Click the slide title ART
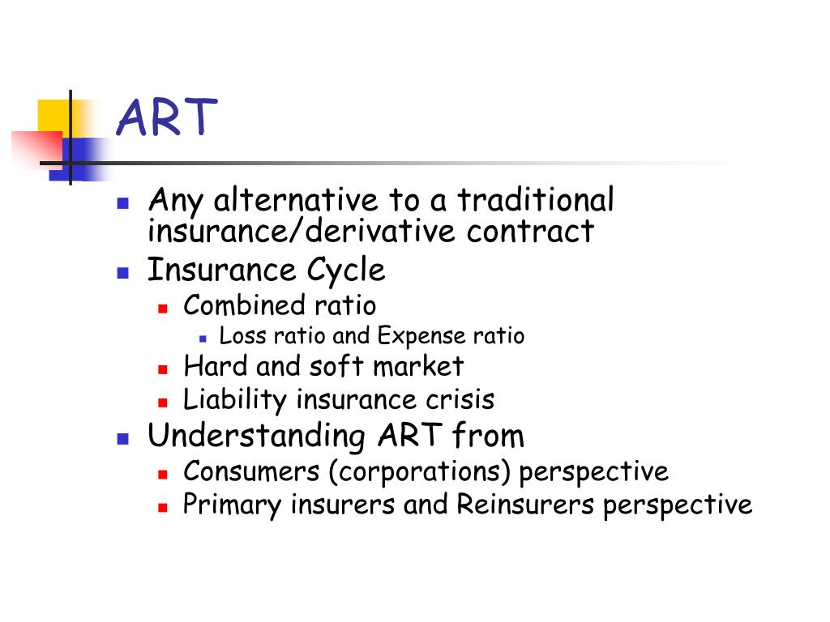click(167, 118)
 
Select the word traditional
click(535, 200)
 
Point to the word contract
click(530, 232)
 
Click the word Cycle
click(349, 271)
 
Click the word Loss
click(237, 336)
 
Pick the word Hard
click(216, 366)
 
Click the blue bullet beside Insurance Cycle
click(123, 272)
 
